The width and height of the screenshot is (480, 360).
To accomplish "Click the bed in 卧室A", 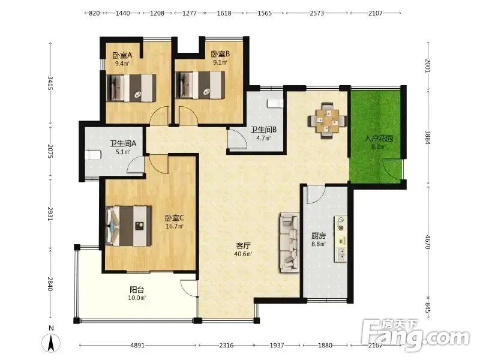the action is point(131,88).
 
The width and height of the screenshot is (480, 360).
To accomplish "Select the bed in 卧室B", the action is point(200,85).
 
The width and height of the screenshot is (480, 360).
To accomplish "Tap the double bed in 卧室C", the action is point(128,226).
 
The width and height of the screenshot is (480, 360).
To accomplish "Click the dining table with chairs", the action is point(327,121).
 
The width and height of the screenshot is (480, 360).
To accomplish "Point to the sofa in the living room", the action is point(289,242).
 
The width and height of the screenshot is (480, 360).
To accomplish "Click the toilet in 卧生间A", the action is point(93,155).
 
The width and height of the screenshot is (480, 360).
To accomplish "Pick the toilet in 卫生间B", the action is point(275,103).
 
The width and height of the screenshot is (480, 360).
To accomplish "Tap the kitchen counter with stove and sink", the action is point(340,239).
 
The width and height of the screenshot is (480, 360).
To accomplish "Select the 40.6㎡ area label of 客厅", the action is point(243,254).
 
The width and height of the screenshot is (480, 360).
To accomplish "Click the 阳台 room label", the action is point(137,290).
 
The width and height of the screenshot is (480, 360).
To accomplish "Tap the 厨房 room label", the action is point(319,236).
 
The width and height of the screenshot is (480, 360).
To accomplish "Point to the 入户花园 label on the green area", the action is point(379,139).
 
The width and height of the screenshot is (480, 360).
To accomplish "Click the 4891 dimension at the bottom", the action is point(137,346).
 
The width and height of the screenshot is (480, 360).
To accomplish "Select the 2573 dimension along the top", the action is point(317,13).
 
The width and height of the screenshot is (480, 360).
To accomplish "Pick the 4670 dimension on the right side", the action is point(428,242).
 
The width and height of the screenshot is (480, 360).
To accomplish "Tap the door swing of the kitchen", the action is point(316,195).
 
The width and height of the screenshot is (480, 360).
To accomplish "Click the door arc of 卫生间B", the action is point(237,140).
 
